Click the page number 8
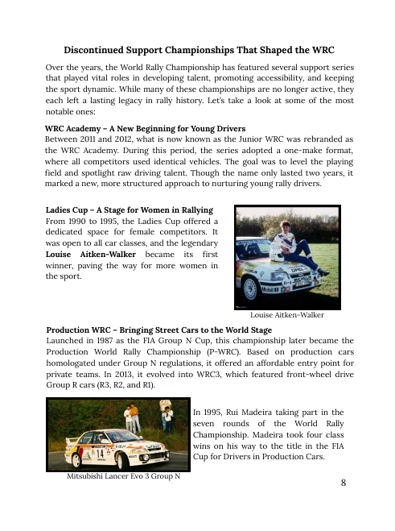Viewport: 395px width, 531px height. [344, 483]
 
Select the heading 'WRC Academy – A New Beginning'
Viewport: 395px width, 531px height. [145, 128]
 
